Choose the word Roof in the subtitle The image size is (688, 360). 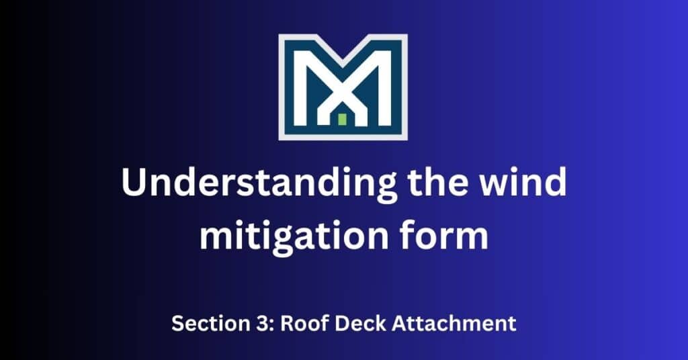(300, 323)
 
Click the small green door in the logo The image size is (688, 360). (342, 120)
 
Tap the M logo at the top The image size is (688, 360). (343, 86)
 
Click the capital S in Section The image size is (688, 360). (177, 323)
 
